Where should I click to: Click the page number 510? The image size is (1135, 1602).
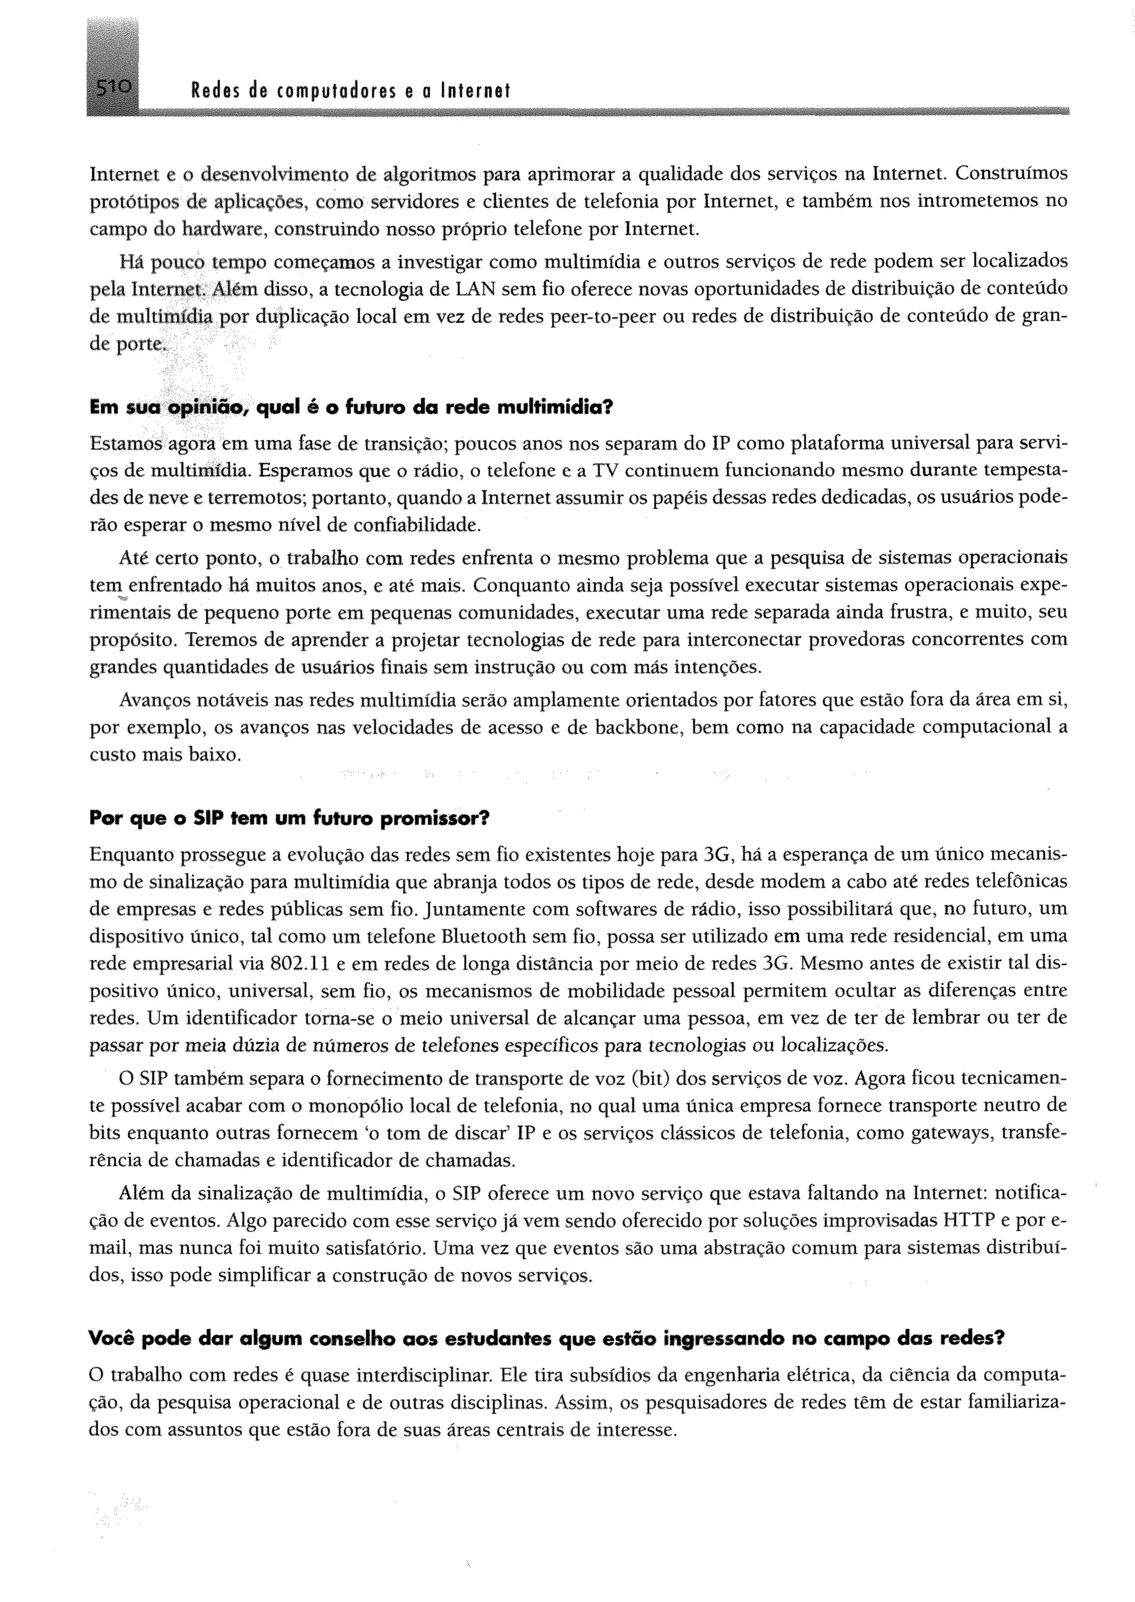pyautogui.click(x=112, y=89)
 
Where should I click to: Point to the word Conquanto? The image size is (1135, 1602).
pyautogui.click(x=517, y=585)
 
